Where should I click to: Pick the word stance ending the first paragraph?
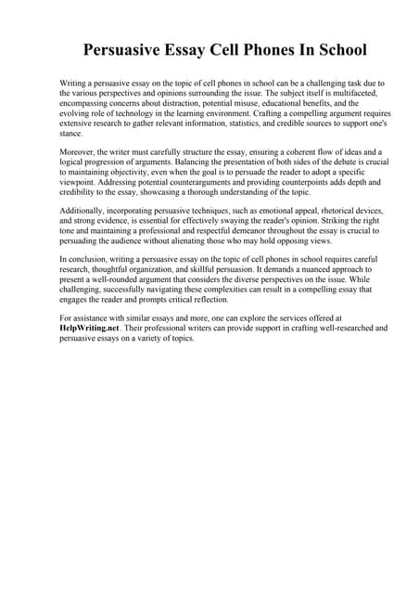tap(71, 135)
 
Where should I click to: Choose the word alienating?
tap(197, 243)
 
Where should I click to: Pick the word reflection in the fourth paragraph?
tap(235, 300)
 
